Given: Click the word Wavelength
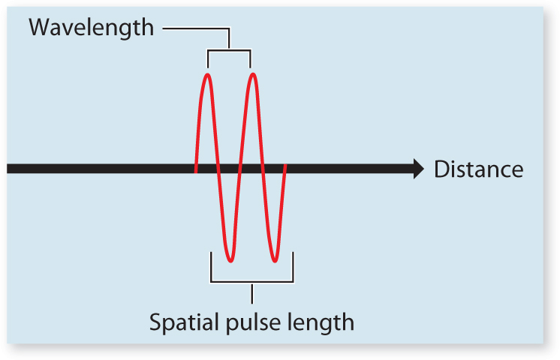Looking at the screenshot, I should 91,28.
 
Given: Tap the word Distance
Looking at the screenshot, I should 478,169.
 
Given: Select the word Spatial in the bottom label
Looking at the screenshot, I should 182,322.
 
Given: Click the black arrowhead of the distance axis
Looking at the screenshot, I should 417,169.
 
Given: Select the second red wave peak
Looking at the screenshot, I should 253,74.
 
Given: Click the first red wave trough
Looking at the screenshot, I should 230,260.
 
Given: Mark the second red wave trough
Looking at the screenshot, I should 275,260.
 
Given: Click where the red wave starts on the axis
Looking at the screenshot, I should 196,169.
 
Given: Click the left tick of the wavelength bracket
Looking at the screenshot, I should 207,58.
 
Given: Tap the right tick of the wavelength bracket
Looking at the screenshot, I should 251,58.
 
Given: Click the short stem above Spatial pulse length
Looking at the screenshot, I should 252,292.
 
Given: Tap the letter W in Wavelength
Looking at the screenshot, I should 39,28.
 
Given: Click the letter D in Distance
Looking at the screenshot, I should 441,169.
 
